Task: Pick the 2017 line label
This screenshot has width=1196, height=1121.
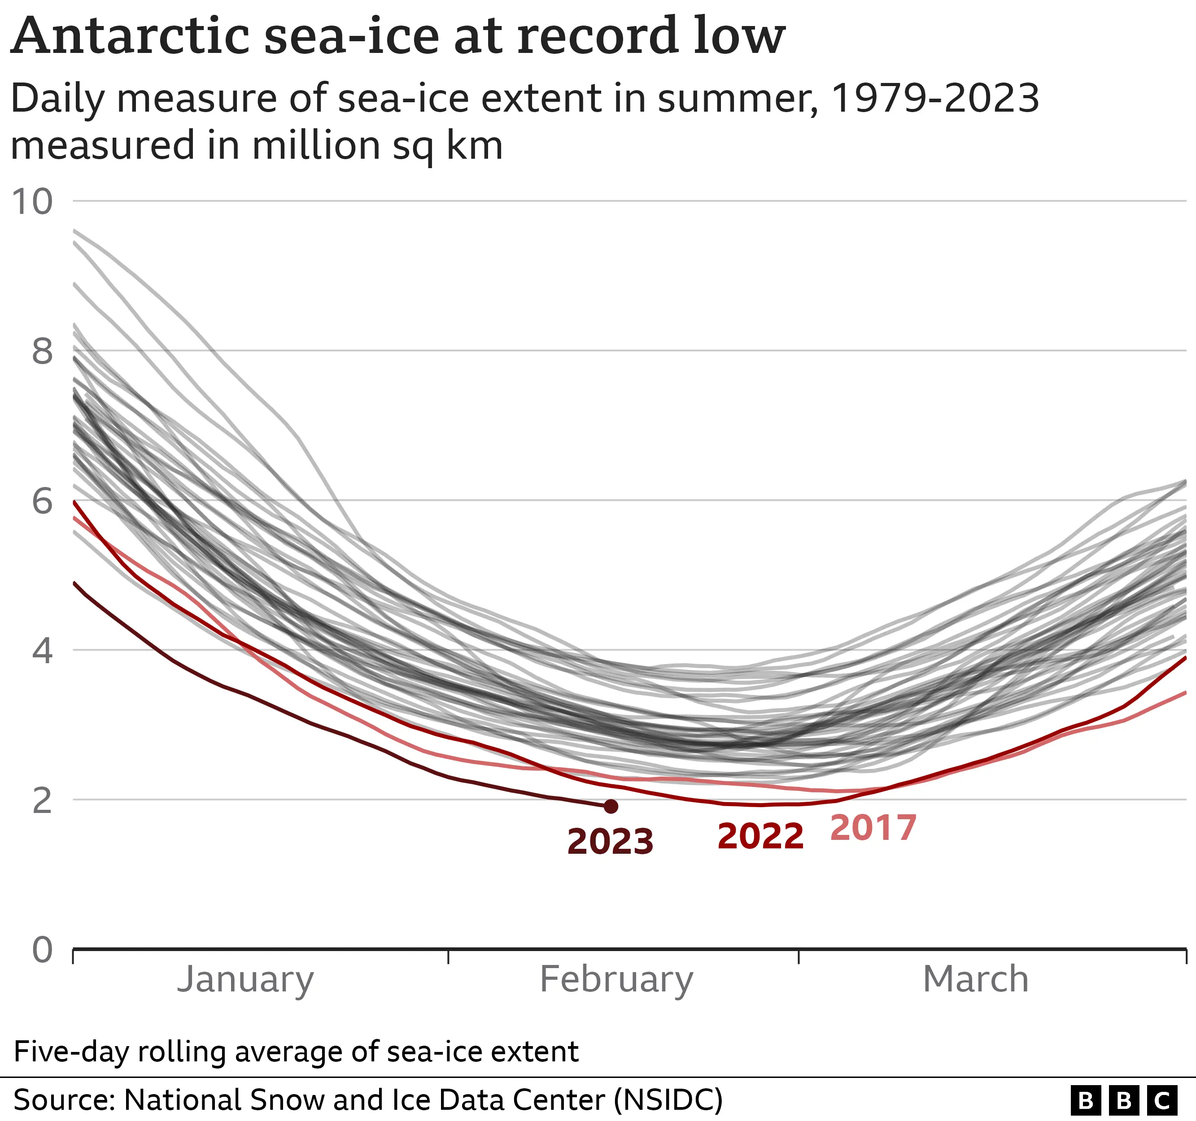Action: coord(873,828)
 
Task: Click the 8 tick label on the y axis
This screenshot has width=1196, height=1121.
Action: coord(42,351)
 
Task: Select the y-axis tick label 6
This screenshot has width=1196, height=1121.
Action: coord(42,501)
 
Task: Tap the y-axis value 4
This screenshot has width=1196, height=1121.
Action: coord(42,651)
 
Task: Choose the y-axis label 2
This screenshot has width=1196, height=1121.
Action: coord(42,800)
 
